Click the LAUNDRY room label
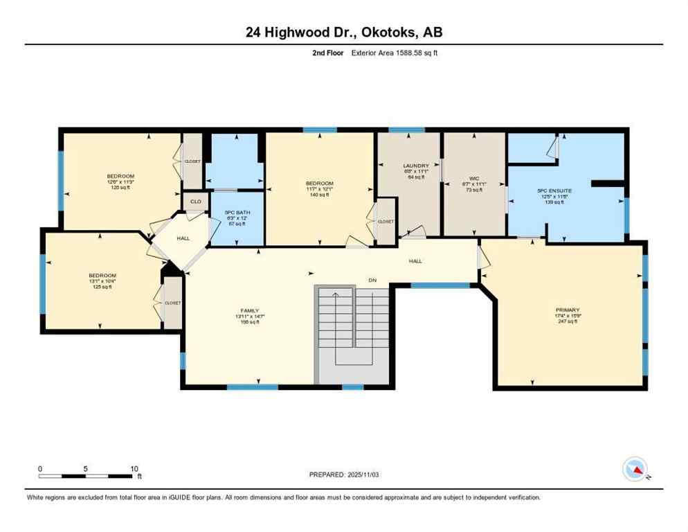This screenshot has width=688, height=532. (416, 166)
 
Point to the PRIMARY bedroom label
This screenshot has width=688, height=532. (567, 310)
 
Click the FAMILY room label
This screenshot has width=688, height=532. (249, 310)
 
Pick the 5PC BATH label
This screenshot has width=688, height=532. (236, 212)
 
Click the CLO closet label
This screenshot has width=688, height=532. (195, 202)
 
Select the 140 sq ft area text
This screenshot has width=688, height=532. (319, 195)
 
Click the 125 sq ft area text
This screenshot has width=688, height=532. (102, 287)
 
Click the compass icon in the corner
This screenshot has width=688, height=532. (634, 469)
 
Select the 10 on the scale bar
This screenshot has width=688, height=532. (134, 468)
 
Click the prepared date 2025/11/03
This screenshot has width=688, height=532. (343, 475)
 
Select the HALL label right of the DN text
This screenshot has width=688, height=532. (415, 261)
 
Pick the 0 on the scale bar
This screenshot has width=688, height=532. (40, 468)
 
